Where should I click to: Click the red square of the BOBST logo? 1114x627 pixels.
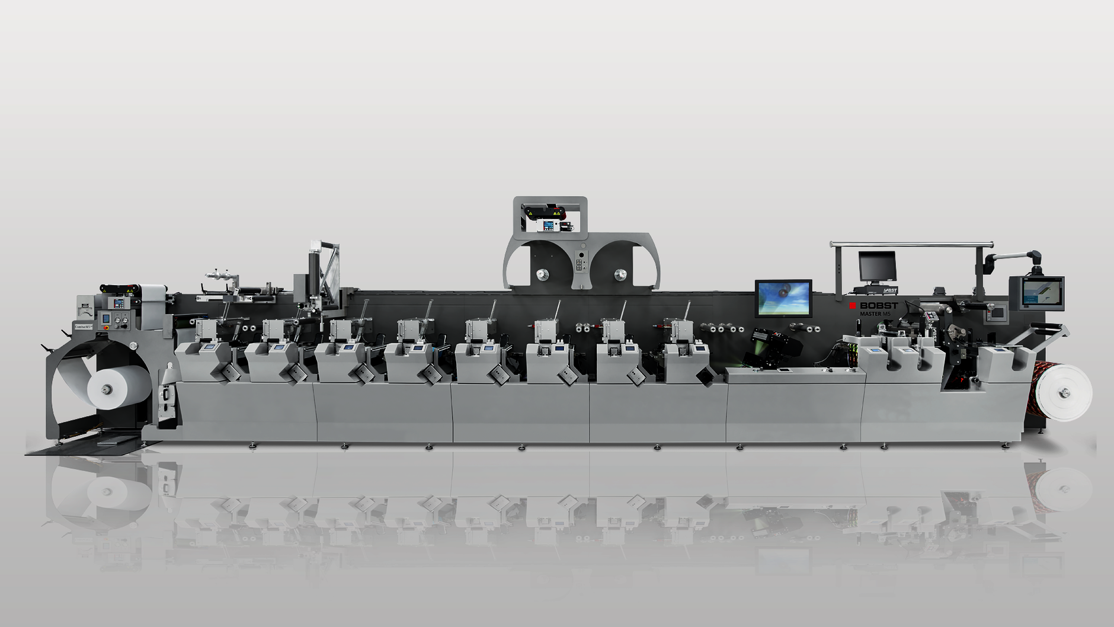point(853,306)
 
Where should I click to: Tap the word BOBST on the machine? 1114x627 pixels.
point(879,306)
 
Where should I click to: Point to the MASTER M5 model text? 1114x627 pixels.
point(875,313)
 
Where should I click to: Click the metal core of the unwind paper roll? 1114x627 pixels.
point(107,389)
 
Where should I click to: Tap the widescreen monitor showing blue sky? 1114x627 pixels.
point(783,298)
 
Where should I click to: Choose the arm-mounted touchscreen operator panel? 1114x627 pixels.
point(1036,293)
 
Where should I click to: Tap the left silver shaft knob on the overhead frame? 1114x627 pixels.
point(542,274)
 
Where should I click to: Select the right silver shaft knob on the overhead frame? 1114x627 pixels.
point(620,274)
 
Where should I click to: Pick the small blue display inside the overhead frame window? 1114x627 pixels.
point(549,226)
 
